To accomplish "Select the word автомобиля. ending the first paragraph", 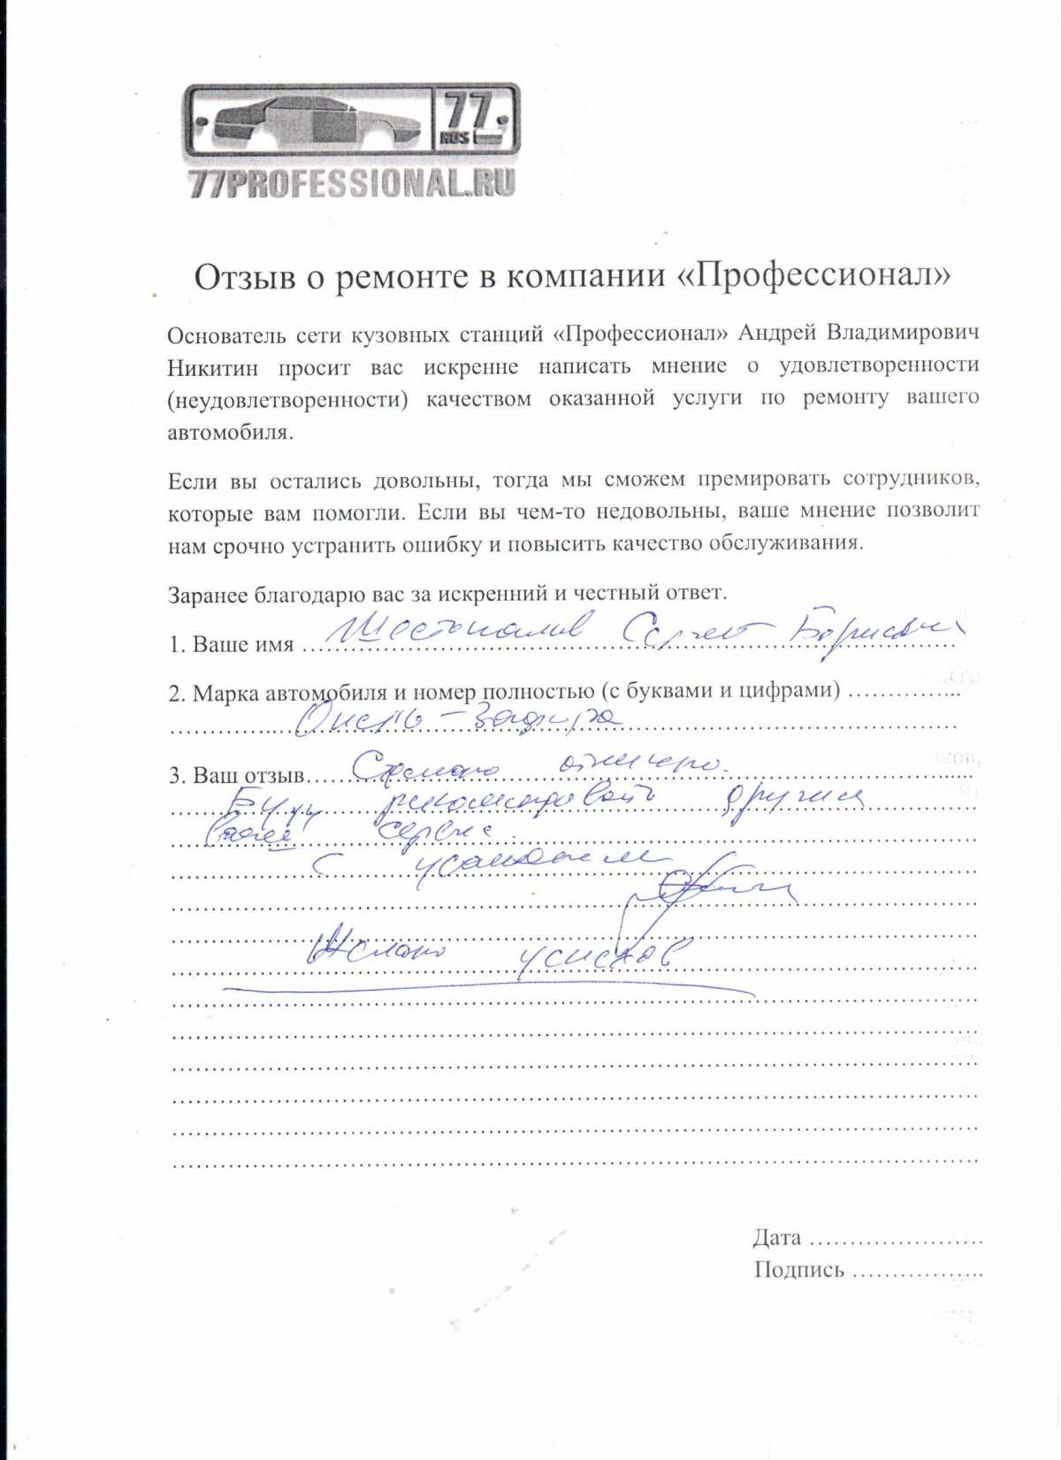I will click(230, 433).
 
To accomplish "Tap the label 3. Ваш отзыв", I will click(236, 776).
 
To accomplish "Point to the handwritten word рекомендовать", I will click(513, 802).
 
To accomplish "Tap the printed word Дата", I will click(777, 1238).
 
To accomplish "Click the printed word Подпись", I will click(799, 1271).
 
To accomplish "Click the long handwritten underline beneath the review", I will click(486, 988).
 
